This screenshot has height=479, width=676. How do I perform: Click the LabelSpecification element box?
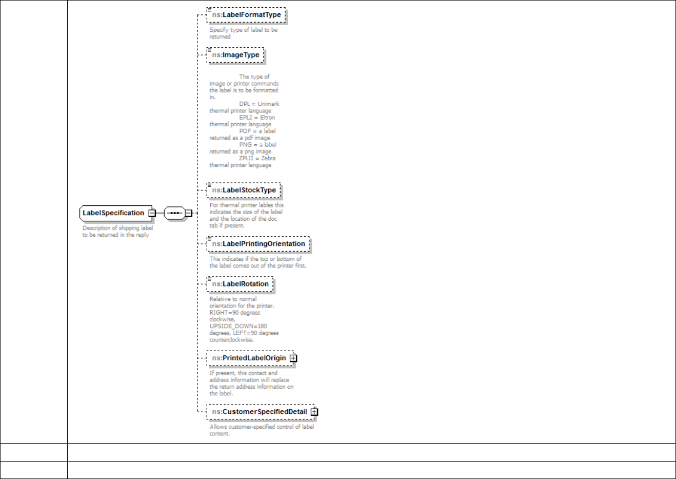pyautogui.click(x=114, y=213)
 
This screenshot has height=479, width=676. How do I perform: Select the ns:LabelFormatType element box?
pyautogui.click(x=246, y=15)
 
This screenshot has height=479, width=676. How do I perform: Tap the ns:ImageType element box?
pyautogui.click(x=235, y=55)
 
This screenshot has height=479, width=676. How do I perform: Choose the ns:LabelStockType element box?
pyautogui.click(x=244, y=190)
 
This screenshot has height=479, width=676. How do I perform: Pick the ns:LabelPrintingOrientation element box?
pyautogui.click(x=259, y=244)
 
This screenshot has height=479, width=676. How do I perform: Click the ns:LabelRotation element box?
pyautogui.click(x=240, y=284)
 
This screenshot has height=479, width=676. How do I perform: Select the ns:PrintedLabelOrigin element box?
pyautogui.click(x=249, y=358)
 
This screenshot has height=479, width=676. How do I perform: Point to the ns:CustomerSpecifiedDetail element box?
pyautogui.click(x=259, y=412)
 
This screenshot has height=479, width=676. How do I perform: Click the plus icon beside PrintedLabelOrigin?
pyautogui.click(x=293, y=358)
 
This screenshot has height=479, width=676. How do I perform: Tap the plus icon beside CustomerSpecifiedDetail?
pyautogui.click(x=314, y=412)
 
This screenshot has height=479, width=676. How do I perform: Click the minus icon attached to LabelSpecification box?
pyautogui.click(x=152, y=213)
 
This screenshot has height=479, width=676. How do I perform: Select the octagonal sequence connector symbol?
pyautogui.click(x=174, y=213)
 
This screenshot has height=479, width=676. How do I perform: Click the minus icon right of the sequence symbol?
pyautogui.click(x=188, y=213)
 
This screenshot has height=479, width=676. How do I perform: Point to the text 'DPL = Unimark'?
pyautogui.click(x=259, y=104)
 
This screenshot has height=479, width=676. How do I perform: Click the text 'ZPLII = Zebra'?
pyautogui.click(x=257, y=158)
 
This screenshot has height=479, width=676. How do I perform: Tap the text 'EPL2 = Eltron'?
pyautogui.click(x=257, y=118)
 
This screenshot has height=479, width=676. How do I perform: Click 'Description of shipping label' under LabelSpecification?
pyautogui.click(x=117, y=228)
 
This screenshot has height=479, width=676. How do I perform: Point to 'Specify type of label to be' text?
pyautogui.click(x=243, y=30)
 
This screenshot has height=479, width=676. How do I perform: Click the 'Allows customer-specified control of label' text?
pyautogui.click(x=262, y=427)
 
